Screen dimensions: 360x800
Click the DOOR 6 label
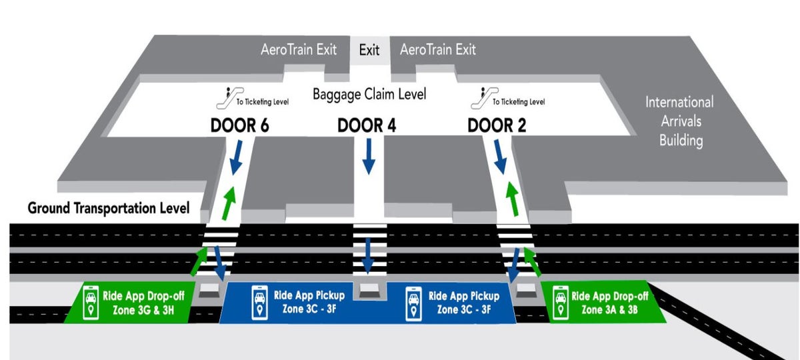[x=239, y=125]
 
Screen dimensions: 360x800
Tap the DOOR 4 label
[x=367, y=125]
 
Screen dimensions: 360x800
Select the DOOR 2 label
[x=497, y=125]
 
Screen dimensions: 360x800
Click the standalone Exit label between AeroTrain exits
[x=369, y=50]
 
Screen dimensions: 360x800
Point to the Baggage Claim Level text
[x=369, y=94]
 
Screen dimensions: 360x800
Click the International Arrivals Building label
[x=679, y=121]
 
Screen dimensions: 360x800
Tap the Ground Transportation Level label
[x=109, y=208]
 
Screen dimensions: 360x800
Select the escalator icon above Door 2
[x=476, y=97]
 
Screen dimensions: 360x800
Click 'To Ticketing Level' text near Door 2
[x=519, y=102]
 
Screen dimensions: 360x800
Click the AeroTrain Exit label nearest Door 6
[x=299, y=50]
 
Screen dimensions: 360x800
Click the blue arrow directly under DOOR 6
[x=235, y=160]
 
